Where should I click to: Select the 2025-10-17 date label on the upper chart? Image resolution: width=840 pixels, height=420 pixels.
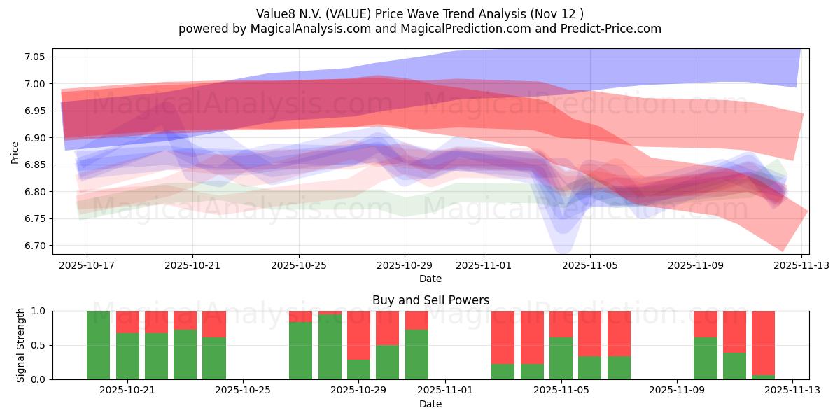(87, 265)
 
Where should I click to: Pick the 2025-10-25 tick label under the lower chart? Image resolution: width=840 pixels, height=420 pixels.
(242, 391)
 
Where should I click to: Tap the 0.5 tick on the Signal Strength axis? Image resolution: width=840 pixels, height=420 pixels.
(39, 345)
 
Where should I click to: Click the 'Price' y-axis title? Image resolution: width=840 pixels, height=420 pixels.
(15, 152)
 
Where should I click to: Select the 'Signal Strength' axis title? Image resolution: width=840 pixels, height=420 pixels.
(21, 345)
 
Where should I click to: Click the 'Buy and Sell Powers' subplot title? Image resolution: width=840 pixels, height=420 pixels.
(430, 300)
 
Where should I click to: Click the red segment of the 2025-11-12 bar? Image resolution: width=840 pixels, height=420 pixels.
(763, 342)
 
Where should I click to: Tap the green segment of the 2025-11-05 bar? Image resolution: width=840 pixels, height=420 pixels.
(561, 358)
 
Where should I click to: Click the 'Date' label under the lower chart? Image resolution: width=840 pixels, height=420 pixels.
(430, 404)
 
